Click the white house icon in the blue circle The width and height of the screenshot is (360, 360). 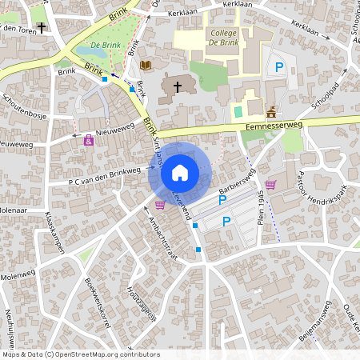(x=179, y=172)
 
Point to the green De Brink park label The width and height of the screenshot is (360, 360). (x=105, y=46)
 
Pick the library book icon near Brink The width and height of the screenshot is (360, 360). (x=146, y=65)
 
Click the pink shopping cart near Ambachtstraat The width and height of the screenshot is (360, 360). (x=160, y=205)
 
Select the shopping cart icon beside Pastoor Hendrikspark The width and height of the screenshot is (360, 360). (x=270, y=185)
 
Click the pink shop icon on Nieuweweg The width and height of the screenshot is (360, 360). (x=88, y=141)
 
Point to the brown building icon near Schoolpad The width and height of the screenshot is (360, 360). (x=270, y=111)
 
